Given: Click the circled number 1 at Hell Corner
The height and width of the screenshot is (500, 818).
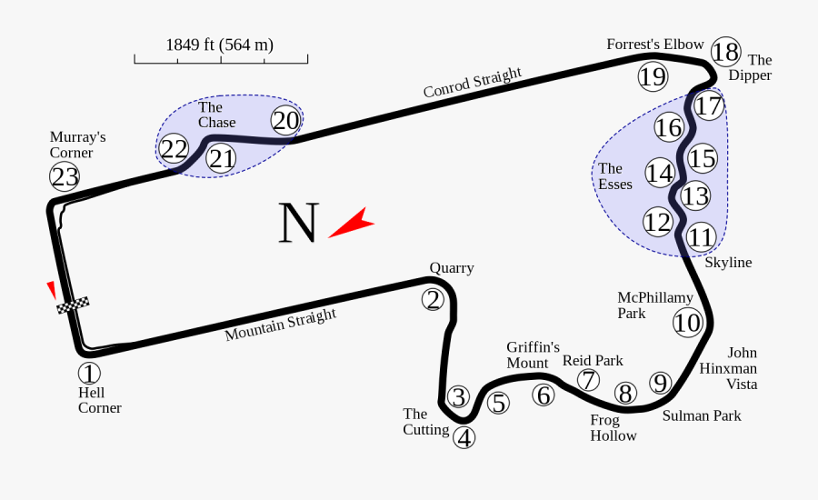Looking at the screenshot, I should (89, 373).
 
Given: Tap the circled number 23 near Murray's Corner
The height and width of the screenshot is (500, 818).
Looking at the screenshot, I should (65, 175).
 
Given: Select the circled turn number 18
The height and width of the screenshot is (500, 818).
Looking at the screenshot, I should (725, 52).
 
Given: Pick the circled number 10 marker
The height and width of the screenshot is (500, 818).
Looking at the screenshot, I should (688, 323).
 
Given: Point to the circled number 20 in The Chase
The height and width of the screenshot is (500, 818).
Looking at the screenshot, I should (285, 121).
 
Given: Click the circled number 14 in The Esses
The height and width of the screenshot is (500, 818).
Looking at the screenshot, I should (660, 173).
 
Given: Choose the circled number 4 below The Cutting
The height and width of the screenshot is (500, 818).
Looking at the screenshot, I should (464, 438).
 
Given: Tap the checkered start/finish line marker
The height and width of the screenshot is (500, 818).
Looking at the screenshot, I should (73, 305).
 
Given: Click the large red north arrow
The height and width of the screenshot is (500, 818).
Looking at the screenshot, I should (351, 223).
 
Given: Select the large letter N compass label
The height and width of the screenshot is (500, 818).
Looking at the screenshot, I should (299, 224).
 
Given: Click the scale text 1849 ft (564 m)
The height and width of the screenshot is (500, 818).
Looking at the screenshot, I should (219, 45).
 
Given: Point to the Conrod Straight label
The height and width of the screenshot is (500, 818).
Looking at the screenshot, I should (473, 83).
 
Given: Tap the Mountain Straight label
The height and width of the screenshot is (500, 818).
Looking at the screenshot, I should (280, 325).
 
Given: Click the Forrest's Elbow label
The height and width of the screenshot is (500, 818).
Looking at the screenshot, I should (655, 44).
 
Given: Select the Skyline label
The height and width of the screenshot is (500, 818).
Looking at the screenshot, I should (728, 262).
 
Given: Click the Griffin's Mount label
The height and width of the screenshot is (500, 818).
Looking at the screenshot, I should (533, 355).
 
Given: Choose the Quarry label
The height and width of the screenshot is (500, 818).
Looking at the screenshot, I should (452, 267).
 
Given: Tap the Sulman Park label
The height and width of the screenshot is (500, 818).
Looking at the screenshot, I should (701, 415).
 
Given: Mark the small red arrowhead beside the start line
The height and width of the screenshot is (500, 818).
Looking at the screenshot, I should (52, 289).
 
